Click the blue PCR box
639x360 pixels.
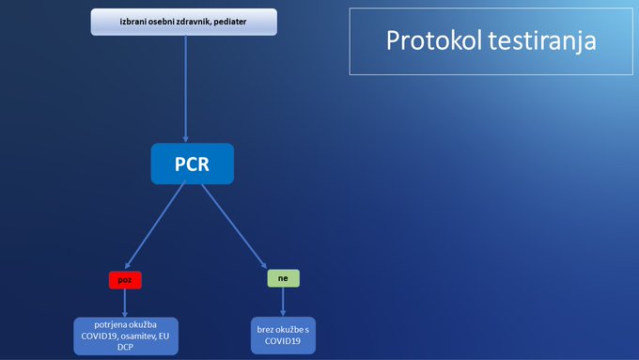click(192, 164)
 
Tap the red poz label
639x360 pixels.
click(125, 280)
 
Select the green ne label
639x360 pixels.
click(283, 279)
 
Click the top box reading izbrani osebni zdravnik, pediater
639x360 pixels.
click(183, 22)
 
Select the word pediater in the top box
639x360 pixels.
click(227, 22)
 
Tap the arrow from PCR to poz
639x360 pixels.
click(156, 226)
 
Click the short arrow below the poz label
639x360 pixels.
click(125, 303)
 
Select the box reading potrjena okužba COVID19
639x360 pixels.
click(125, 336)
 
